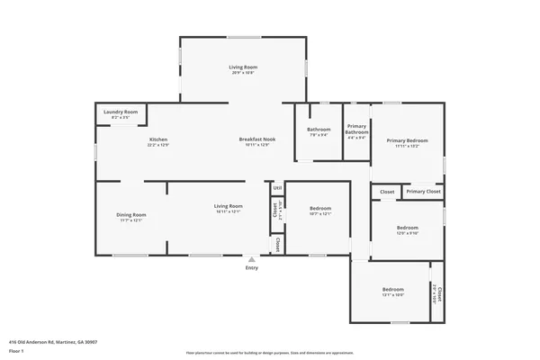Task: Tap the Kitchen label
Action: coord(158,139)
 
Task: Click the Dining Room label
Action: coord(131,215)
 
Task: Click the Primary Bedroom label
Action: coord(407,140)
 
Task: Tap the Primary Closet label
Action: coord(422,192)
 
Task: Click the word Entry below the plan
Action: coord(252,268)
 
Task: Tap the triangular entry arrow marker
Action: coord(252,259)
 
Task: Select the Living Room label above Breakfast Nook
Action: coord(243,67)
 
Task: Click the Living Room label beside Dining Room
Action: coord(228,207)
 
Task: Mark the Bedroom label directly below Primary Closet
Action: coord(407,228)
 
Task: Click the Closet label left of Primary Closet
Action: coord(387,192)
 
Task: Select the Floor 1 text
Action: coord(17,350)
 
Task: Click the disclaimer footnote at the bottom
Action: coord(269,352)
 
